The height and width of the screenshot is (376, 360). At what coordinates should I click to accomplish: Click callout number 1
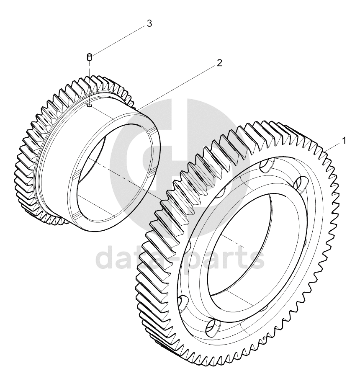tap(344, 141)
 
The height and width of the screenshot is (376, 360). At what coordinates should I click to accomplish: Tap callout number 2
tap(219, 63)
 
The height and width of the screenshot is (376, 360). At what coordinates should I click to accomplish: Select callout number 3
tap(149, 23)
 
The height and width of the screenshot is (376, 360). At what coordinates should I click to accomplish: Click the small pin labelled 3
tap(89, 57)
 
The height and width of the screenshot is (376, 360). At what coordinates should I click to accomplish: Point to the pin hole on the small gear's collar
tap(90, 105)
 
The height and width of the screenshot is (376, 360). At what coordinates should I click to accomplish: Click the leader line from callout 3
tap(118, 41)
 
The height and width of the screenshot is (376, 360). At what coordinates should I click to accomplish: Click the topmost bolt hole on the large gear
tap(267, 165)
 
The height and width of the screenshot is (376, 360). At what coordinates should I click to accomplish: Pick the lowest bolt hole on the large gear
tap(213, 327)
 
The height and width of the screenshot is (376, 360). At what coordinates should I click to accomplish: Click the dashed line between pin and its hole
tap(89, 82)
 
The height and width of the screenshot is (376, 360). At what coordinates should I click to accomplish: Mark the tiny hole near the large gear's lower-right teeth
tap(264, 338)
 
